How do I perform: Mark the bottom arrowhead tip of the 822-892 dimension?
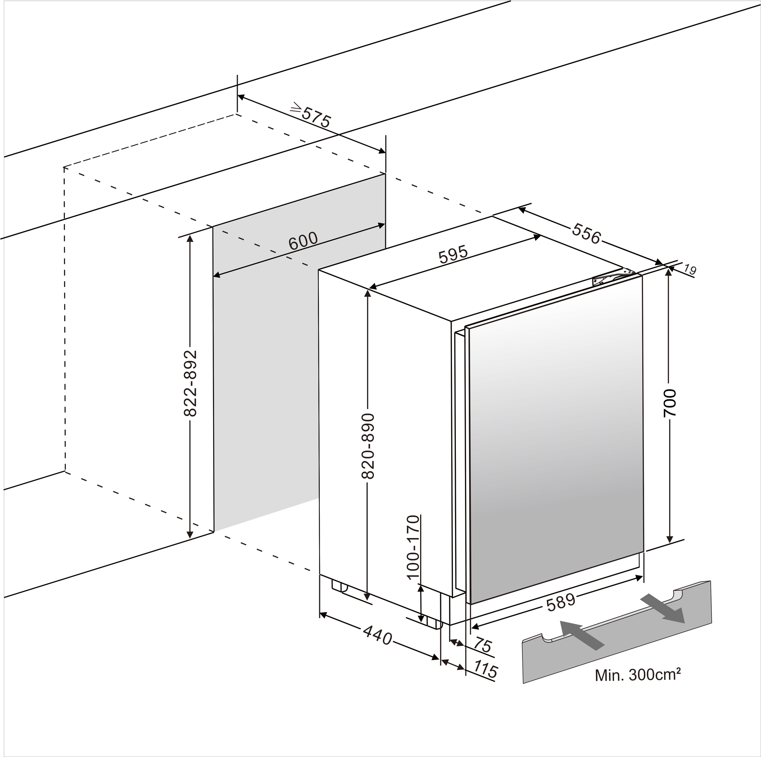(190, 538)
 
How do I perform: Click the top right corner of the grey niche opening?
(385, 174)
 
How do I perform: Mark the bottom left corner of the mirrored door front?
(471, 604)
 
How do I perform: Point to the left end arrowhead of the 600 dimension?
(213, 276)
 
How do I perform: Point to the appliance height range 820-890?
(368, 446)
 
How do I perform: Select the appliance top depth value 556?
(586, 233)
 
